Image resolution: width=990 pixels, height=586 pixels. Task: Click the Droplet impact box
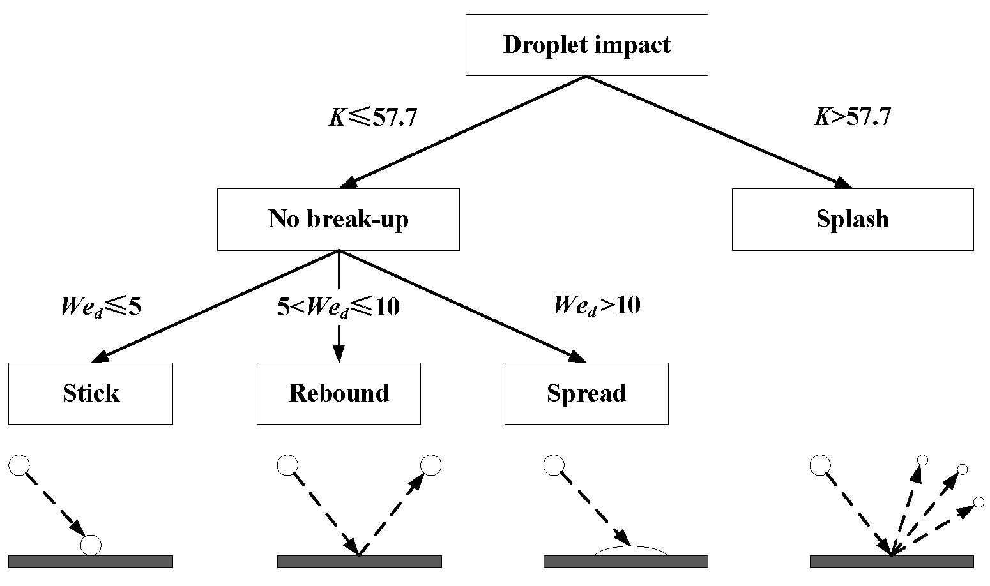(x=586, y=45)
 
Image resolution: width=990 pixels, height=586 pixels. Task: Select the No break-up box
(x=338, y=219)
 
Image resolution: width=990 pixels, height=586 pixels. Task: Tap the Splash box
(x=852, y=219)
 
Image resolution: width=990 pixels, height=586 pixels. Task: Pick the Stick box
(x=91, y=393)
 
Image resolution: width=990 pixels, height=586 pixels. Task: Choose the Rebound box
(x=339, y=393)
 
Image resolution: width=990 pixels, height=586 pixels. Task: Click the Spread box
(x=586, y=393)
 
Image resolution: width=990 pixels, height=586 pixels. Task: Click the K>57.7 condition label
(x=852, y=117)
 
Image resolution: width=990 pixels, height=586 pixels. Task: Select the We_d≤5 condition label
(x=100, y=307)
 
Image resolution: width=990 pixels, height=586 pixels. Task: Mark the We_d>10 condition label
(x=597, y=305)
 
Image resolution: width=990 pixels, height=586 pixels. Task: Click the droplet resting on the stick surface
(x=91, y=545)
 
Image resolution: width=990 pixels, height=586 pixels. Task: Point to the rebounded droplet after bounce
(x=430, y=465)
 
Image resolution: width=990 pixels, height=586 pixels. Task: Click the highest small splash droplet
(x=922, y=460)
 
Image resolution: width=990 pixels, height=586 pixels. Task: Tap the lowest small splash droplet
(x=979, y=502)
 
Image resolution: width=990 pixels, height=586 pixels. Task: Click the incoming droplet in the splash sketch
(x=819, y=465)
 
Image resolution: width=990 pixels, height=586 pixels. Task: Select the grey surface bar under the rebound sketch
(x=359, y=561)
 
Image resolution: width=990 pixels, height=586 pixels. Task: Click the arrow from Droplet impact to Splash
(x=719, y=131)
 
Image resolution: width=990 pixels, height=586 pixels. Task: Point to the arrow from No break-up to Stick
(x=217, y=306)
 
